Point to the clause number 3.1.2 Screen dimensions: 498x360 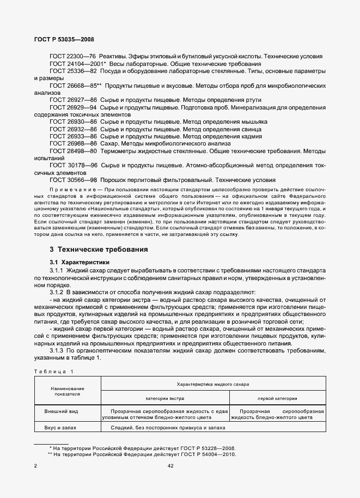pyautogui.click(x=58, y=292)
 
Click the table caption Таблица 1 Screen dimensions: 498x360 pyautogui.click(x=52, y=371)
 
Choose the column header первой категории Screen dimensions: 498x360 pyautogui.click(x=277, y=398)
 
